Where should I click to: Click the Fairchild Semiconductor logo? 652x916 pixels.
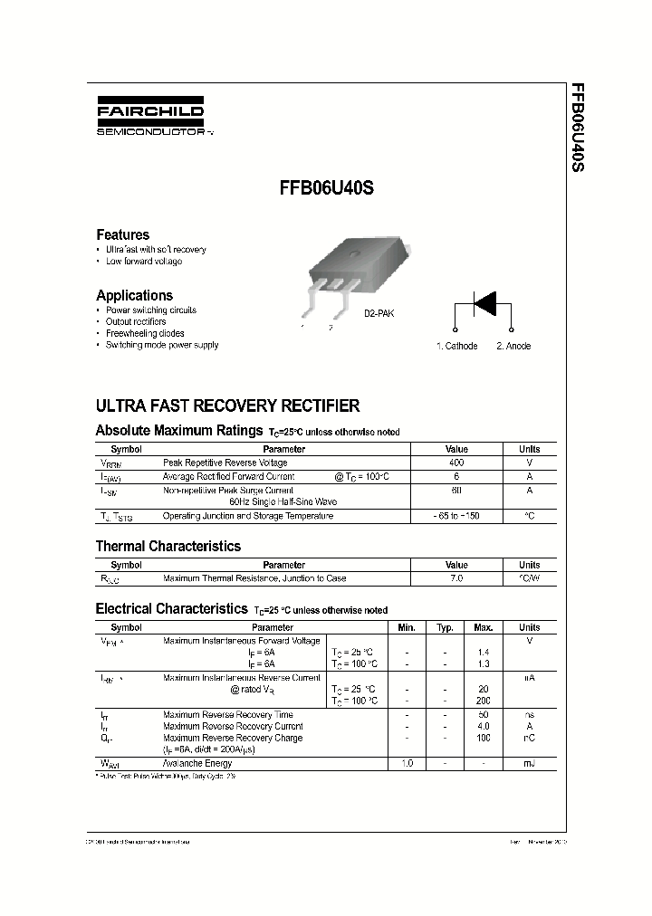click(x=151, y=117)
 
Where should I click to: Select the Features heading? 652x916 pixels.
click(x=122, y=234)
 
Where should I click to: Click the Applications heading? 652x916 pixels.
click(x=134, y=295)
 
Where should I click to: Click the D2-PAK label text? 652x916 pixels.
click(x=379, y=313)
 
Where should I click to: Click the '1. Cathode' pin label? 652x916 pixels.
click(x=456, y=346)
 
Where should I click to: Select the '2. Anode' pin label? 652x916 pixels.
click(x=513, y=346)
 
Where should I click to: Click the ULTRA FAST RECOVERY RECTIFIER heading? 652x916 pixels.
click(x=227, y=406)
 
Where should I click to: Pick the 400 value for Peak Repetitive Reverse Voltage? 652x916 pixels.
click(x=456, y=463)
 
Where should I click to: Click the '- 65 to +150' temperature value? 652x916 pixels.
click(x=456, y=516)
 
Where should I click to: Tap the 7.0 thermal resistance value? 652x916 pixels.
click(x=456, y=577)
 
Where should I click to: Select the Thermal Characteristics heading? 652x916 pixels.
click(x=168, y=547)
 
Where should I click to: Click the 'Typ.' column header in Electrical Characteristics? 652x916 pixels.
click(x=445, y=627)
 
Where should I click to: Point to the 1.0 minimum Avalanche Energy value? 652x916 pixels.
click(x=407, y=764)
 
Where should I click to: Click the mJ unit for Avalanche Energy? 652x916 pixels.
click(x=529, y=764)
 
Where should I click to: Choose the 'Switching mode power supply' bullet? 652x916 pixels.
click(x=161, y=345)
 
